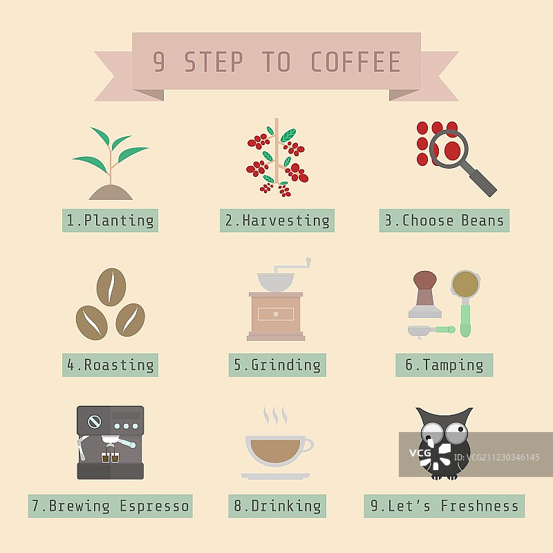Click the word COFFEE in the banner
pos(355,62)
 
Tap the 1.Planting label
pos(110,221)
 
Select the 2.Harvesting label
pos(277,221)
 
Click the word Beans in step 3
pos(482,221)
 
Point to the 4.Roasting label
pos(110,365)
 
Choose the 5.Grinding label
pos(277,365)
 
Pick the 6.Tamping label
pos(444,365)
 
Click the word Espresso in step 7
pos(154,506)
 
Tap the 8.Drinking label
pos(277,506)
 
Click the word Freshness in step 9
pos(479,506)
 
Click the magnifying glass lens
pos(449,149)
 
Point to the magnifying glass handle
pos(482,182)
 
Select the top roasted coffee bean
pos(111,287)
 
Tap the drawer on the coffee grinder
pos(276,314)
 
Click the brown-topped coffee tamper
pos(425,294)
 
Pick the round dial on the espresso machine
pos(94,422)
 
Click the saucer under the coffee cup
pos(275,476)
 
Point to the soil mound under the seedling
pos(111,192)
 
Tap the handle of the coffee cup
pos(308,445)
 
